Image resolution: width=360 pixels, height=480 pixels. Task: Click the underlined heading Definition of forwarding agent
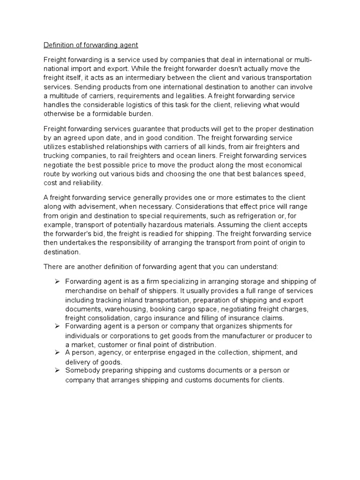(x=91, y=45)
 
